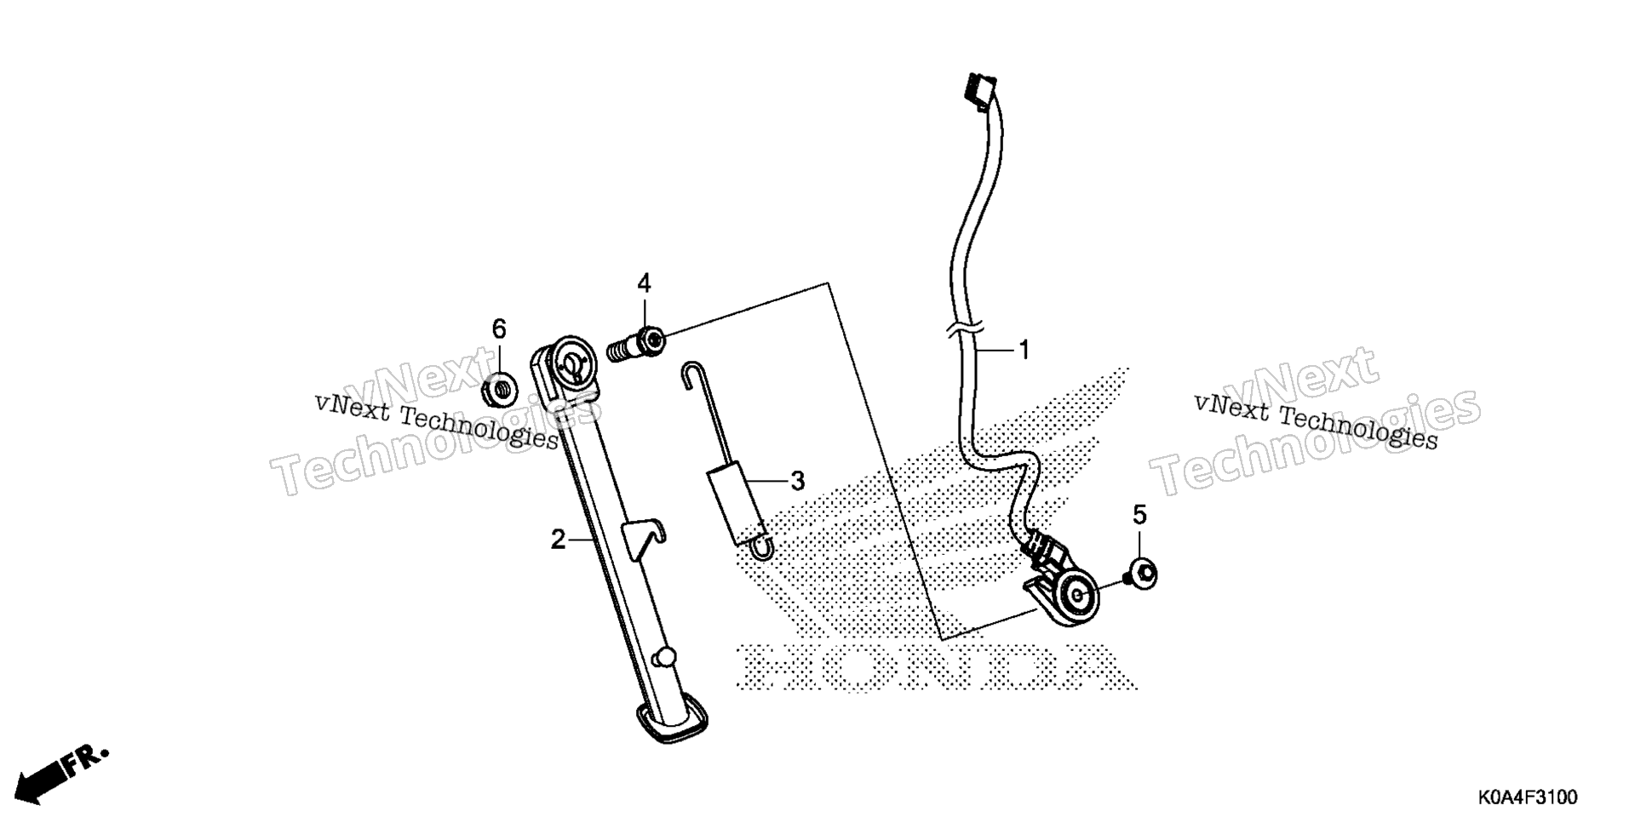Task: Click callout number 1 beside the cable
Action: click(x=1024, y=350)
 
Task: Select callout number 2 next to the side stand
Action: click(x=558, y=540)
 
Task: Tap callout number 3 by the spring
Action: click(x=797, y=482)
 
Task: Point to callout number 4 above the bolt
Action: click(x=644, y=283)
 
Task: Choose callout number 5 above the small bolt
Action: click(x=1139, y=515)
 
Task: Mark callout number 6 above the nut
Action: click(x=499, y=329)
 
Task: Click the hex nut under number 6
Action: click(x=499, y=390)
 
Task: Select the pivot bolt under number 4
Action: click(x=636, y=345)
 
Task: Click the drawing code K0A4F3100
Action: click(x=1528, y=798)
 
